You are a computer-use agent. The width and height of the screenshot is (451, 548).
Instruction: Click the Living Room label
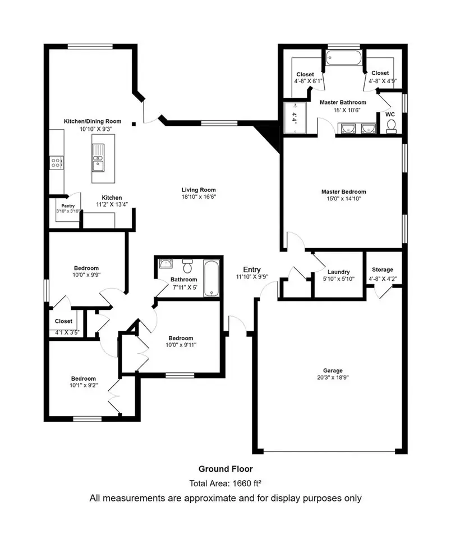(x=199, y=190)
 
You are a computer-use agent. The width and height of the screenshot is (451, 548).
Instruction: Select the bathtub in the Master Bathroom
(x=344, y=58)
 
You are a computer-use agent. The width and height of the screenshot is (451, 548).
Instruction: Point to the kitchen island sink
(x=98, y=158)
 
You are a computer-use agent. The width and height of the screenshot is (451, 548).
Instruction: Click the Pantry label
(x=68, y=206)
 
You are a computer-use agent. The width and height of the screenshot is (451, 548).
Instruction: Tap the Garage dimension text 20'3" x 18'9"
(x=332, y=377)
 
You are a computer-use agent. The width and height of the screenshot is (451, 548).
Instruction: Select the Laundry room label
(x=339, y=272)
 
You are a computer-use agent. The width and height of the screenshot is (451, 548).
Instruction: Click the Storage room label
(x=383, y=270)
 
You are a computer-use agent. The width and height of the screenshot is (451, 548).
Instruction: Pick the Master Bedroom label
(x=344, y=191)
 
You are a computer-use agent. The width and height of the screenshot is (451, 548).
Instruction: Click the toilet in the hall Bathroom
(x=188, y=266)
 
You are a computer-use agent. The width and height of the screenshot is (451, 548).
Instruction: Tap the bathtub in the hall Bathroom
(x=211, y=278)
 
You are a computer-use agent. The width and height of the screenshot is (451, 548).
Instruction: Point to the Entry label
(x=252, y=270)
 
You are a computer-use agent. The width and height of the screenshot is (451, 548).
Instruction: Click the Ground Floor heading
(x=225, y=469)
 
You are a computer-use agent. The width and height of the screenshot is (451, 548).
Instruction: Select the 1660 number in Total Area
(x=242, y=483)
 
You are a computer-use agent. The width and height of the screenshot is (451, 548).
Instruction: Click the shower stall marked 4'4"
(x=295, y=118)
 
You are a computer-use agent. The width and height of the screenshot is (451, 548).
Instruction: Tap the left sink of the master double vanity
(x=348, y=129)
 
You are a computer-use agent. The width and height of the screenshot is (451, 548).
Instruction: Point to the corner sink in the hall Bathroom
(x=165, y=263)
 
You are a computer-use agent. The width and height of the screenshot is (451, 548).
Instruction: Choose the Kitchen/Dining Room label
(x=93, y=121)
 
